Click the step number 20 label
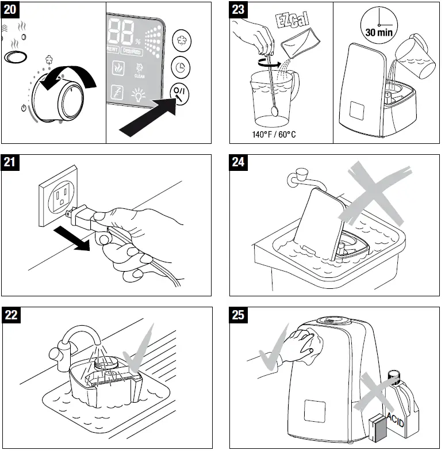click(11, 10)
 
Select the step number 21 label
click(11, 163)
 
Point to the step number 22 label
click(11, 315)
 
